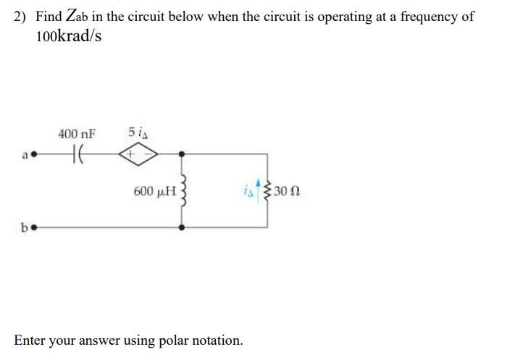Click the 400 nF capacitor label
76,133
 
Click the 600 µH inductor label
155,192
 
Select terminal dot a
33,154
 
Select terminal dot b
33,227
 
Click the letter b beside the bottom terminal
25,227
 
